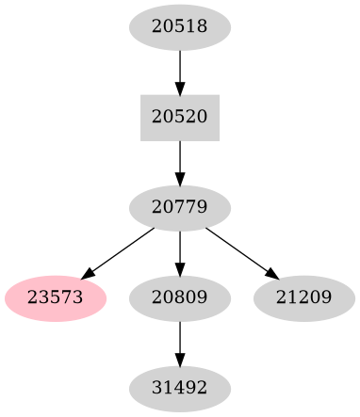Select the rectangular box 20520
tap(179, 117)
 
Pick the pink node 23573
tap(56, 297)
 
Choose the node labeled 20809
tap(179, 297)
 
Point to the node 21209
tap(303, 297)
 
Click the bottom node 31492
tap(179, 387)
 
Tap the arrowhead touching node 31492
tap(179, 361)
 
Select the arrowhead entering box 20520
tap(179, 88)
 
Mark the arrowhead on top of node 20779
tap(179, 179)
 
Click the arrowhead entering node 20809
tap(179, 269)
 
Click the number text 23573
tap(56, 297)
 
